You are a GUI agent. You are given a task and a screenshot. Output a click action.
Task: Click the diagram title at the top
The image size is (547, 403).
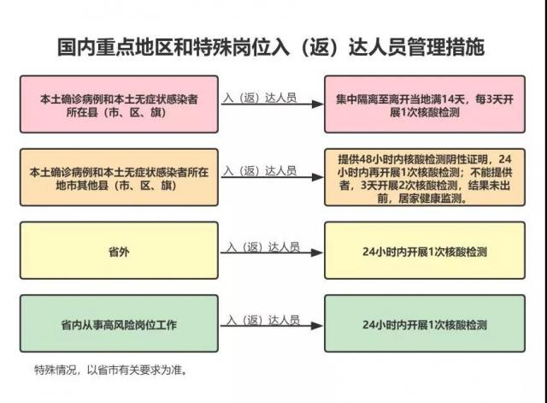click(x=271, y=47)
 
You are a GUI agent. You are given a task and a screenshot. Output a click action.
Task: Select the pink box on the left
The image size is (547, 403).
click(x=119, y=104)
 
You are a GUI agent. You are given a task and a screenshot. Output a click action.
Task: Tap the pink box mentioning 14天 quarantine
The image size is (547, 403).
click(x=425, y=104)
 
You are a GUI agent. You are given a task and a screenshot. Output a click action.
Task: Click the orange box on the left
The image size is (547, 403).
click(x=119, y=177)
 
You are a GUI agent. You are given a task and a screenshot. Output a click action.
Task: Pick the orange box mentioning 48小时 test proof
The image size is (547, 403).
click(x=425, y=177)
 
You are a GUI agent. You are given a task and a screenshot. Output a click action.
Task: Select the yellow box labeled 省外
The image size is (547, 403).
click(x=119, y=251)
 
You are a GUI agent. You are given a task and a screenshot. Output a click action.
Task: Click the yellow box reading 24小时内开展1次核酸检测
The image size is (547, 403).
click(x=425, y=251)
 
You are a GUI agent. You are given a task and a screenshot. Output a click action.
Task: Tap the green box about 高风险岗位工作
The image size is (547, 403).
click(x=119, y=323)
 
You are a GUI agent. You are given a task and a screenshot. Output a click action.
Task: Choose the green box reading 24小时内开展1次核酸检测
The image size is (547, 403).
click(x=425, y=323)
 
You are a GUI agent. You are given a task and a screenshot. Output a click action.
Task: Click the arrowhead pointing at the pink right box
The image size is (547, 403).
click(x=317, y=104)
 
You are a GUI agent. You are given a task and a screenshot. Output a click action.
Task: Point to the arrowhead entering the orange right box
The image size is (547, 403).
click(x=317, y=177)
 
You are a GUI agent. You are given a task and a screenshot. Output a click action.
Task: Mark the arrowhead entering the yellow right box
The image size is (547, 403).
click(x=317, y=252)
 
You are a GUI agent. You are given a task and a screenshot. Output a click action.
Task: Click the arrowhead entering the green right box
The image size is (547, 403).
click(x=317, y=326)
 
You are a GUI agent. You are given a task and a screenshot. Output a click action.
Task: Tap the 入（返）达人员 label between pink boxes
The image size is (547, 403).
click(x=260, y=98)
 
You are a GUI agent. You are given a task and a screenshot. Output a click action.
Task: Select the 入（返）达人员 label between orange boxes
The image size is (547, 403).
click(x=260, y=171)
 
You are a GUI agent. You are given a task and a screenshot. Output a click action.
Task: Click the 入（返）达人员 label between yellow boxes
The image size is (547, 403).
click(x=263, y=247)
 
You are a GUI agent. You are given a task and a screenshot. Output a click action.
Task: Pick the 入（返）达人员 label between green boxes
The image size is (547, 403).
click(x=263, y=320)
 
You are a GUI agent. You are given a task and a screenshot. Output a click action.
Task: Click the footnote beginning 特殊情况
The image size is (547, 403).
click(x=111, y=370)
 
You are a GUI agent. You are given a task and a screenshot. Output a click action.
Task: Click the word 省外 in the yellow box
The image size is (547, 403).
click(x=119, y=252)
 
